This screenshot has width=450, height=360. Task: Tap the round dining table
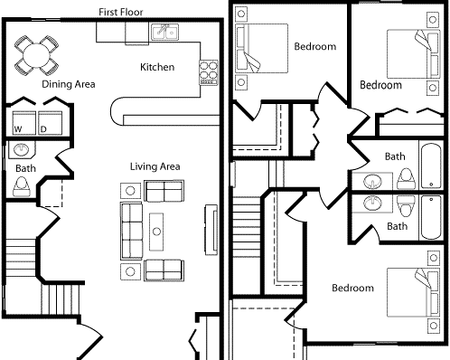pos(34,56)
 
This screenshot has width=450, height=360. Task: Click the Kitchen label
pos(157,67)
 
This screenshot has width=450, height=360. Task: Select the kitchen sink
pos(164,34)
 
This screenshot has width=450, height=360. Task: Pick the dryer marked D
pos(50,122)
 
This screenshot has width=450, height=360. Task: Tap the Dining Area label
pos(70,84)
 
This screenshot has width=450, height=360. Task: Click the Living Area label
pos(155,166)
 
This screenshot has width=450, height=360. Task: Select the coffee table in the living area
pos(157,231)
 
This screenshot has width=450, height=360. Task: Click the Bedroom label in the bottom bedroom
pos(352,289)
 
